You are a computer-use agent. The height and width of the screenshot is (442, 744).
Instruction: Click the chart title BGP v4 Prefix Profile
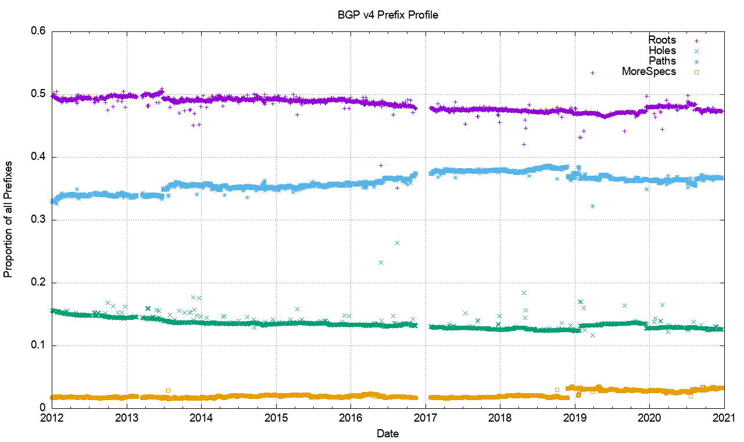tap(388, 15)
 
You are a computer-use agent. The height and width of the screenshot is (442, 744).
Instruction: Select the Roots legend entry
tap(662, 40)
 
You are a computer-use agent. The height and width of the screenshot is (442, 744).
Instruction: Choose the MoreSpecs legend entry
tap(649, 72)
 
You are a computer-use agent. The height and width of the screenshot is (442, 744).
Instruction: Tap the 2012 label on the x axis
tap(52, 418)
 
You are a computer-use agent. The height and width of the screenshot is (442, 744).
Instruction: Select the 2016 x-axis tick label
tap(350, 418)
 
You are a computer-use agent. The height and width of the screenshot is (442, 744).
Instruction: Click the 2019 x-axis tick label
tap(574, 418)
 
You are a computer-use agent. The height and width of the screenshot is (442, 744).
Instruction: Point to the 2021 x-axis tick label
tap(724, 418)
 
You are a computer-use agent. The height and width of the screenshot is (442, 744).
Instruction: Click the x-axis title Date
tap(388, 433)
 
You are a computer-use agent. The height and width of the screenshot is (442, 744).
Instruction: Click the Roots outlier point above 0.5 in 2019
tap(592, 73)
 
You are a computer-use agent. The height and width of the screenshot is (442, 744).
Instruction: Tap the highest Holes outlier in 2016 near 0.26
tap(397, 243)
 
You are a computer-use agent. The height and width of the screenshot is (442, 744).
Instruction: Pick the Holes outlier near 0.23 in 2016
tap(381, 262)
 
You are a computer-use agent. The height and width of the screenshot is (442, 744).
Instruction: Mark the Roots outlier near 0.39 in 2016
tap(381, 165)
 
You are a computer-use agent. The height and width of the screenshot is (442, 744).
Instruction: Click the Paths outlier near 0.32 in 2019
tap(592, 206)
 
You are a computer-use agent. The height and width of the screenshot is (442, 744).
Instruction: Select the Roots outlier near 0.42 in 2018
tap(524, 144)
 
